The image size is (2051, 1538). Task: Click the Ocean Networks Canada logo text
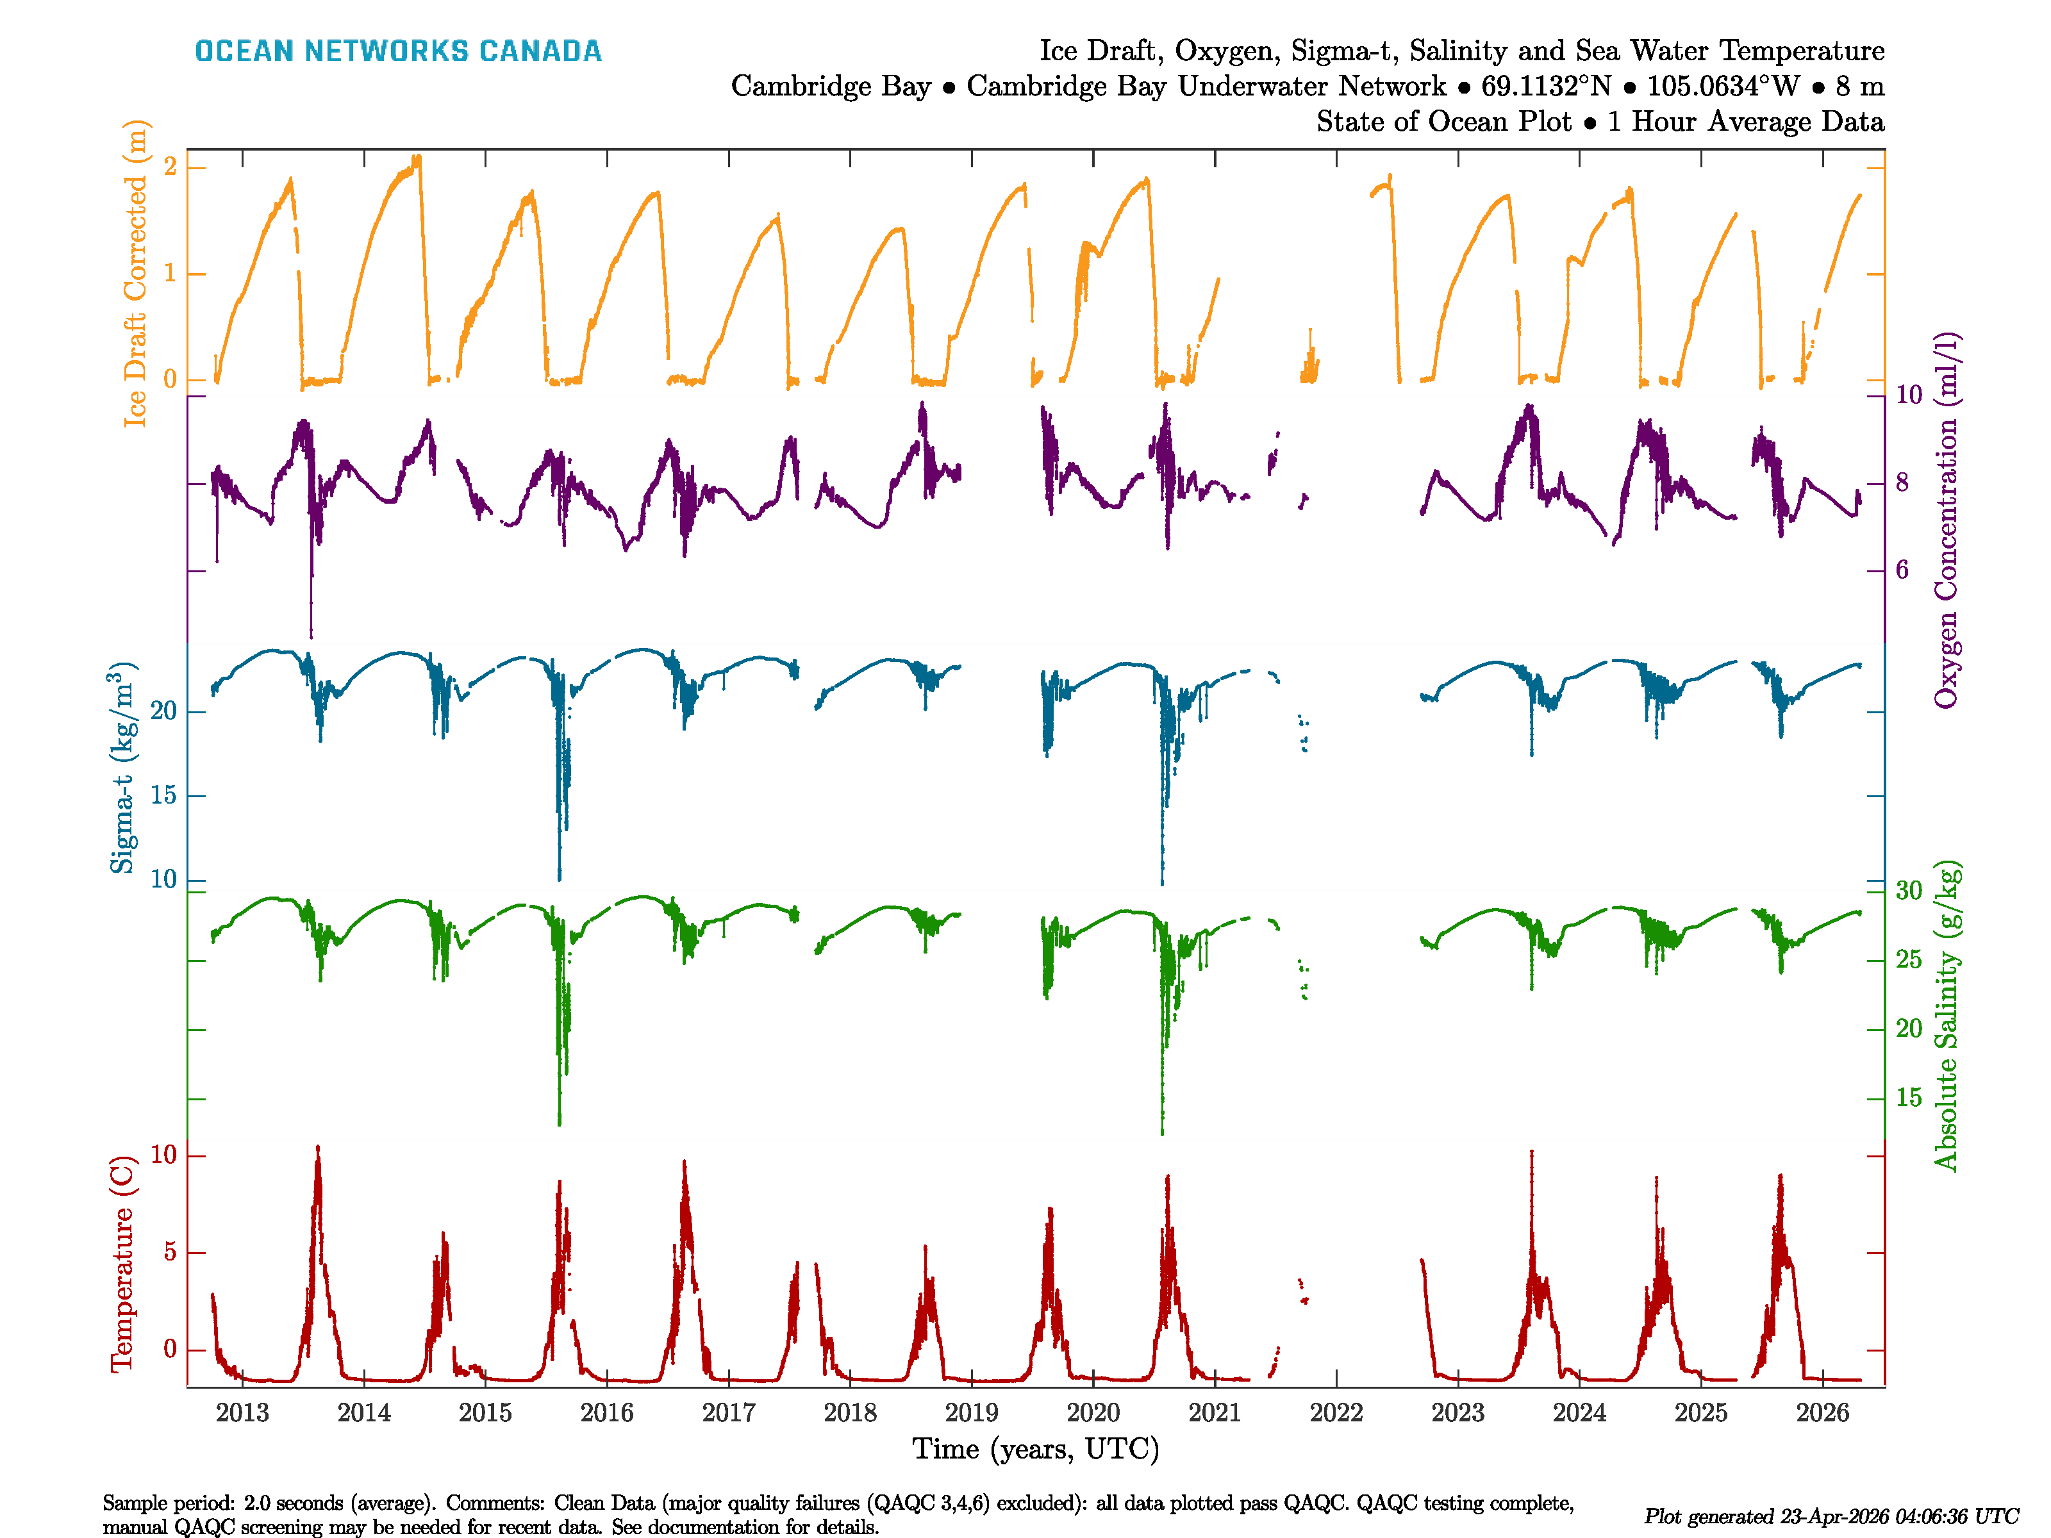tap(398, 51)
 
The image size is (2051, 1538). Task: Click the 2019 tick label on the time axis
tap(971, 1413)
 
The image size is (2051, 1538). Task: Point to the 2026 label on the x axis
tap(1822, 1413)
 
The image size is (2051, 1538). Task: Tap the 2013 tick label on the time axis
tap(242, 1413)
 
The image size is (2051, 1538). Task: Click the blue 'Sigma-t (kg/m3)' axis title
tap(122, 768)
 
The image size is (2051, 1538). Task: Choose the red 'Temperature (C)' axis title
tap(122, 1262)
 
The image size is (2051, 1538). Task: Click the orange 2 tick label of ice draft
tap(170, 167)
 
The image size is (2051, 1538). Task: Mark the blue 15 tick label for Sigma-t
tap(163, 795)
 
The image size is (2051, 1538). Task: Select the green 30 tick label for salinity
tap(1908, 891)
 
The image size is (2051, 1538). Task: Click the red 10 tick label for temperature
tap(163, 1155)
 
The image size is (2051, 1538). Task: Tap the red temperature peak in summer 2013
tap(318, 1150)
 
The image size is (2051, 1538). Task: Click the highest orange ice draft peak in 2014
tap(417, 158)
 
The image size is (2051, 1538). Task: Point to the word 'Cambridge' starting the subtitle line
tap(830, 87)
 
